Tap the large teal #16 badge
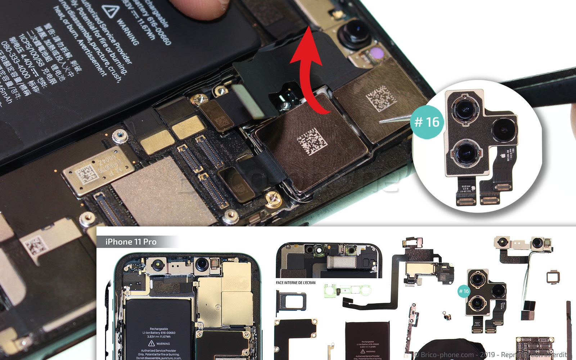click(x=427, y=122)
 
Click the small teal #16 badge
click(x=464, y=291)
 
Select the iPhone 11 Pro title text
click(x=131, y=242)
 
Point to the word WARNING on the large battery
click(x=128, y=32)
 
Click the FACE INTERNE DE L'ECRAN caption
click(x=296, y=283)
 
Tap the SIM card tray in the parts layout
click(x=291, y=300)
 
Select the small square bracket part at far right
click(x=553, y=277)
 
